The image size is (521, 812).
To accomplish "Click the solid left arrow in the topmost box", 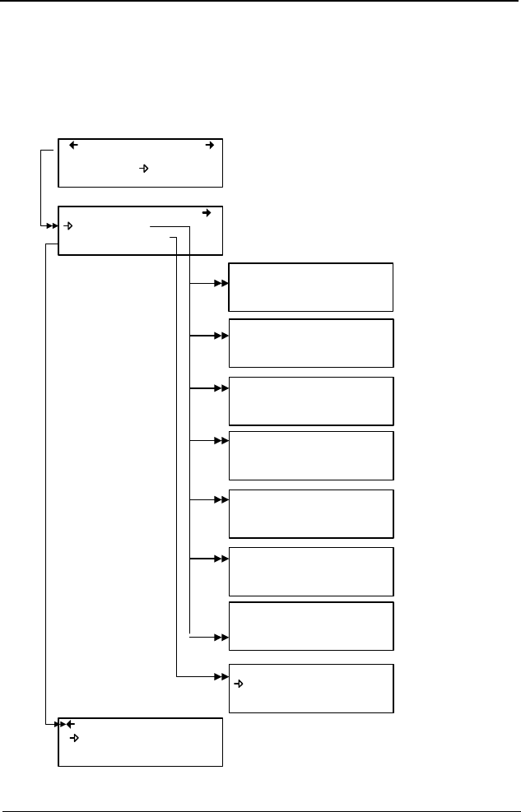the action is click(73, 146).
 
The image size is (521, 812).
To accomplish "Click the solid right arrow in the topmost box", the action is click(209, 146).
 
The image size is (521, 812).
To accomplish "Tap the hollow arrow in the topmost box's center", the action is click(142, 169).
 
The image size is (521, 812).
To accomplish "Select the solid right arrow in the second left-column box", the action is click(207, 213).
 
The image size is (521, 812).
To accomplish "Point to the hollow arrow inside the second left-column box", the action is click(70, 226).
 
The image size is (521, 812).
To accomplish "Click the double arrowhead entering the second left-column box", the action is click(51, 226).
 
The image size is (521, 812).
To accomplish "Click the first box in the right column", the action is click(311, 287).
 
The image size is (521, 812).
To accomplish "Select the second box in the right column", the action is click(311, 343).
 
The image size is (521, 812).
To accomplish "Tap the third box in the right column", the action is click(311, 401).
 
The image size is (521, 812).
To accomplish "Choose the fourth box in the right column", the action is click(311, 455).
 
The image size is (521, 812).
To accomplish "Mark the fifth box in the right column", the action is click(311, 513).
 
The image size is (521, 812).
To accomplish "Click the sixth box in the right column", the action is click(311, 570).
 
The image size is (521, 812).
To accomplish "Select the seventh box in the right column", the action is click(311, 626).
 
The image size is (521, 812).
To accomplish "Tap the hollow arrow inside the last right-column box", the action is click(240, 684).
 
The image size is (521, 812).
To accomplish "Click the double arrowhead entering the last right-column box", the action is click(221, 677).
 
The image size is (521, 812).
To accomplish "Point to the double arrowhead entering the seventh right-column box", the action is click(221, 638).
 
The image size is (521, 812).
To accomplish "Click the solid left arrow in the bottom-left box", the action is click(69, 725).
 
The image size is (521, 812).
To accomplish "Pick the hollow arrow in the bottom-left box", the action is click(74, 738).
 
